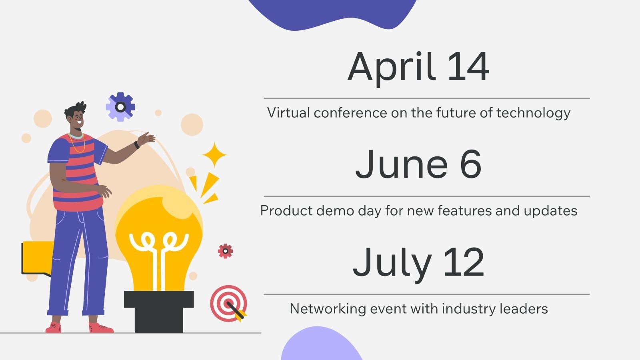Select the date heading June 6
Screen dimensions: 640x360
coord(418,164)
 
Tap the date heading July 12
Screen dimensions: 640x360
coord(418,264)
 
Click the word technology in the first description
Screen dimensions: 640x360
coord(533,113)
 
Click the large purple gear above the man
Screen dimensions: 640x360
coord(120,107)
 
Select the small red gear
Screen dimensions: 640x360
coord(226,251)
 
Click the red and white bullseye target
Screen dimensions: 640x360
coord(228,303)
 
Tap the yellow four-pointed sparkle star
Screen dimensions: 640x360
coord(214,155)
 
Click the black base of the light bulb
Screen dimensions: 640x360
coord(159,312)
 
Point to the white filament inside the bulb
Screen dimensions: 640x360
coord(159,258)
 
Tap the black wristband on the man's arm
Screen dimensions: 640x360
coord(136,145)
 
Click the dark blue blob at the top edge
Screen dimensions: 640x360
coord(332,13)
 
